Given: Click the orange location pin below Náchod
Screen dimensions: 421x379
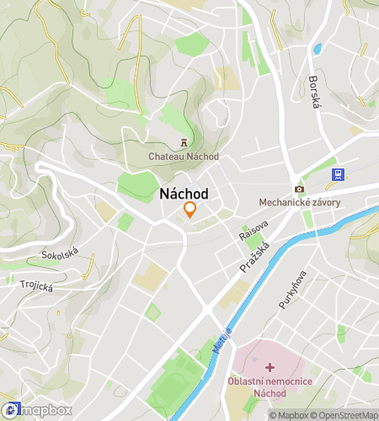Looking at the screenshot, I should point(190,210).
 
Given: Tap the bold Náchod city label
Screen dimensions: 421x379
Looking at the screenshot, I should point(184,194).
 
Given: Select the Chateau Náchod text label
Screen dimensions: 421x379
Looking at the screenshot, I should point(184,157).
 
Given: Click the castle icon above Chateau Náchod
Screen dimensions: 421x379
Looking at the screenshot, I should point(184,143).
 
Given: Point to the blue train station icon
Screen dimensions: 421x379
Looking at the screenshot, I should point(338,174).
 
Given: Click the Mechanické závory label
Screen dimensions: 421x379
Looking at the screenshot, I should point(299,202).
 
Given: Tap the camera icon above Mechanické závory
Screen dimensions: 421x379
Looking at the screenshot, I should point(299,189).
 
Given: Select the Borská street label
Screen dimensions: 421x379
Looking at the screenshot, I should point(316,95).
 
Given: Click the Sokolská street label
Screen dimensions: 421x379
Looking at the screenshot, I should point(60,252).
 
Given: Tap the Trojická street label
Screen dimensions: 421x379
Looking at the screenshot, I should point(37,286).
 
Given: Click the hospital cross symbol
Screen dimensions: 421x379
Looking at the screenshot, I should point(270,367).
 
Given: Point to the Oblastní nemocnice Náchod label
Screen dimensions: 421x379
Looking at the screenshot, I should point(270,388).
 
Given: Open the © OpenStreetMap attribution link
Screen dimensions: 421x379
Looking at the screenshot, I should point(344,415).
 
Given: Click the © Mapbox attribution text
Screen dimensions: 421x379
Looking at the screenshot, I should point(289,415).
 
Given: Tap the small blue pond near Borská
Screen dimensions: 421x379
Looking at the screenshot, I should point(318,48).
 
